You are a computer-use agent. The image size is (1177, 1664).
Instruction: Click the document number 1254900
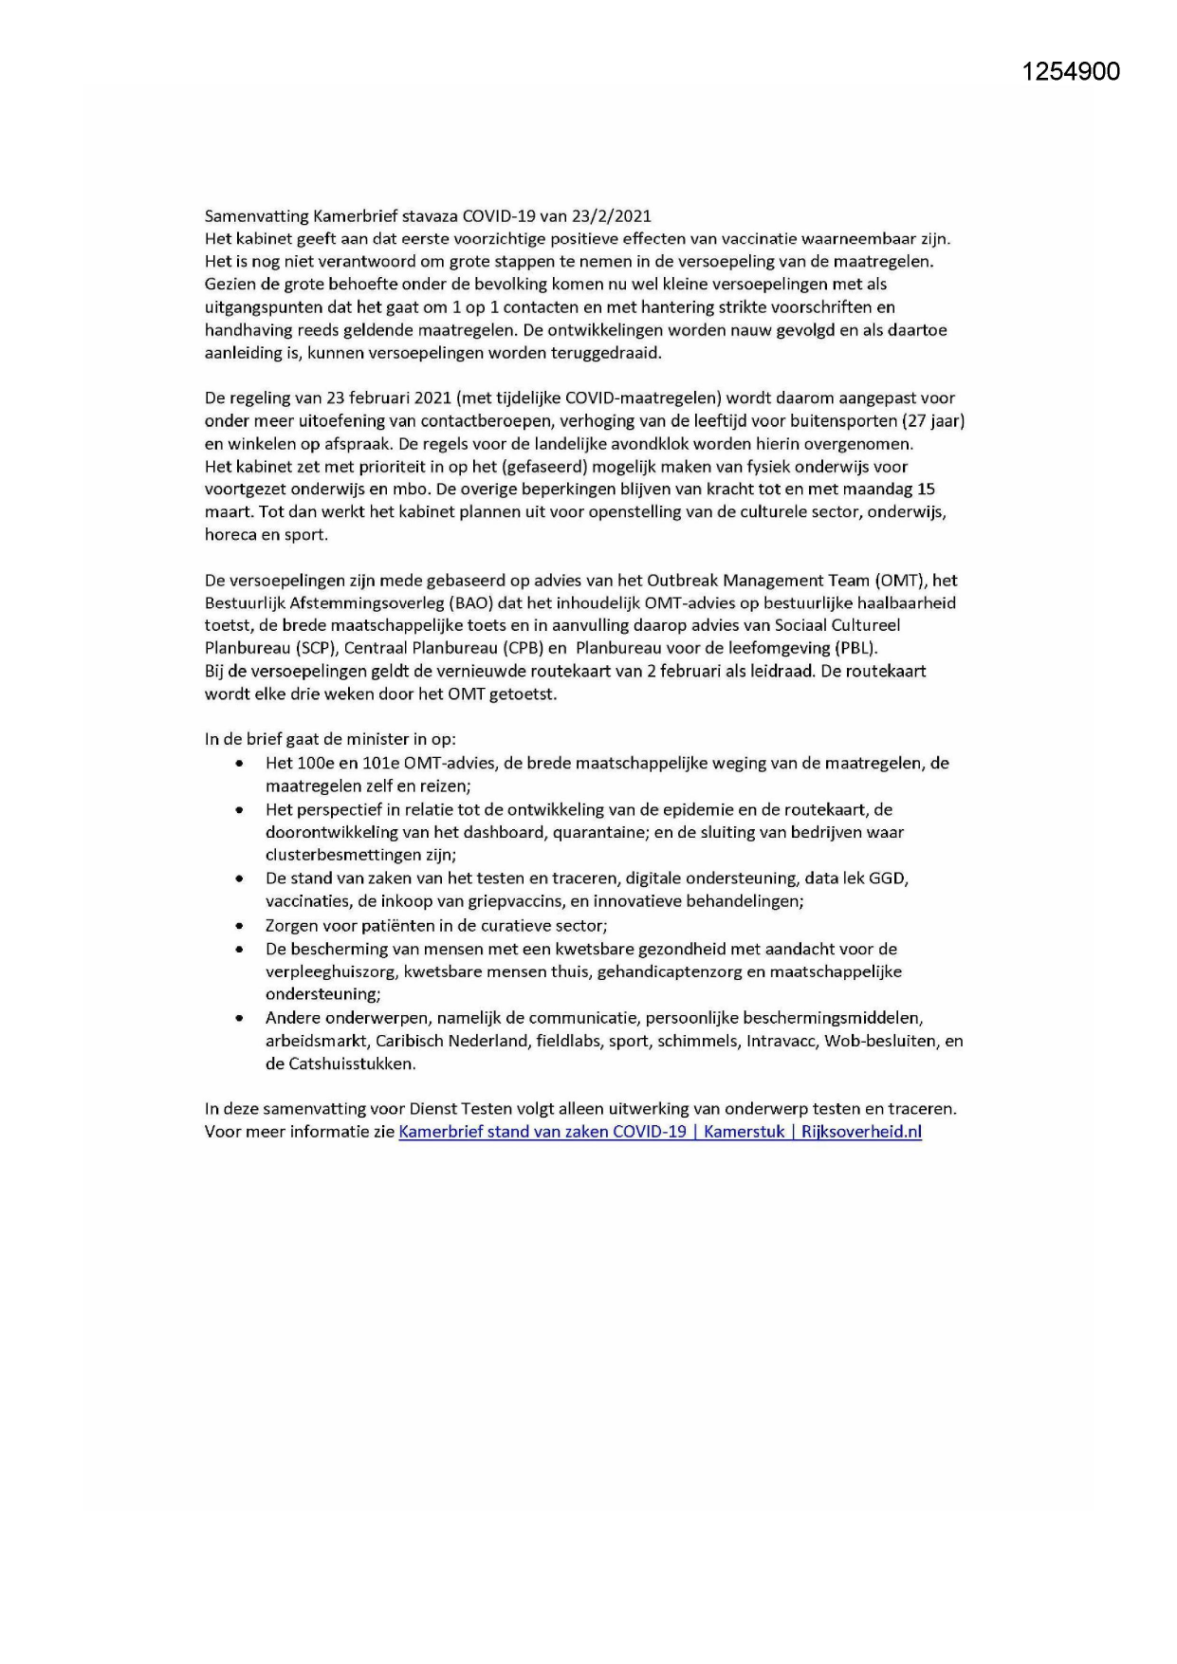1071,71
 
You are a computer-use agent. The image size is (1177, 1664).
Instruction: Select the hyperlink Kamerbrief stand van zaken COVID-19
543,1132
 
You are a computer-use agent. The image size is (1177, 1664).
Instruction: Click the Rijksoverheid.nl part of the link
861,1132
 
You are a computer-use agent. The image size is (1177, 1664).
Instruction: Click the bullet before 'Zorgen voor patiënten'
241,926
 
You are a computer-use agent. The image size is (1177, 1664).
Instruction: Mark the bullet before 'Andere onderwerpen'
241,1018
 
